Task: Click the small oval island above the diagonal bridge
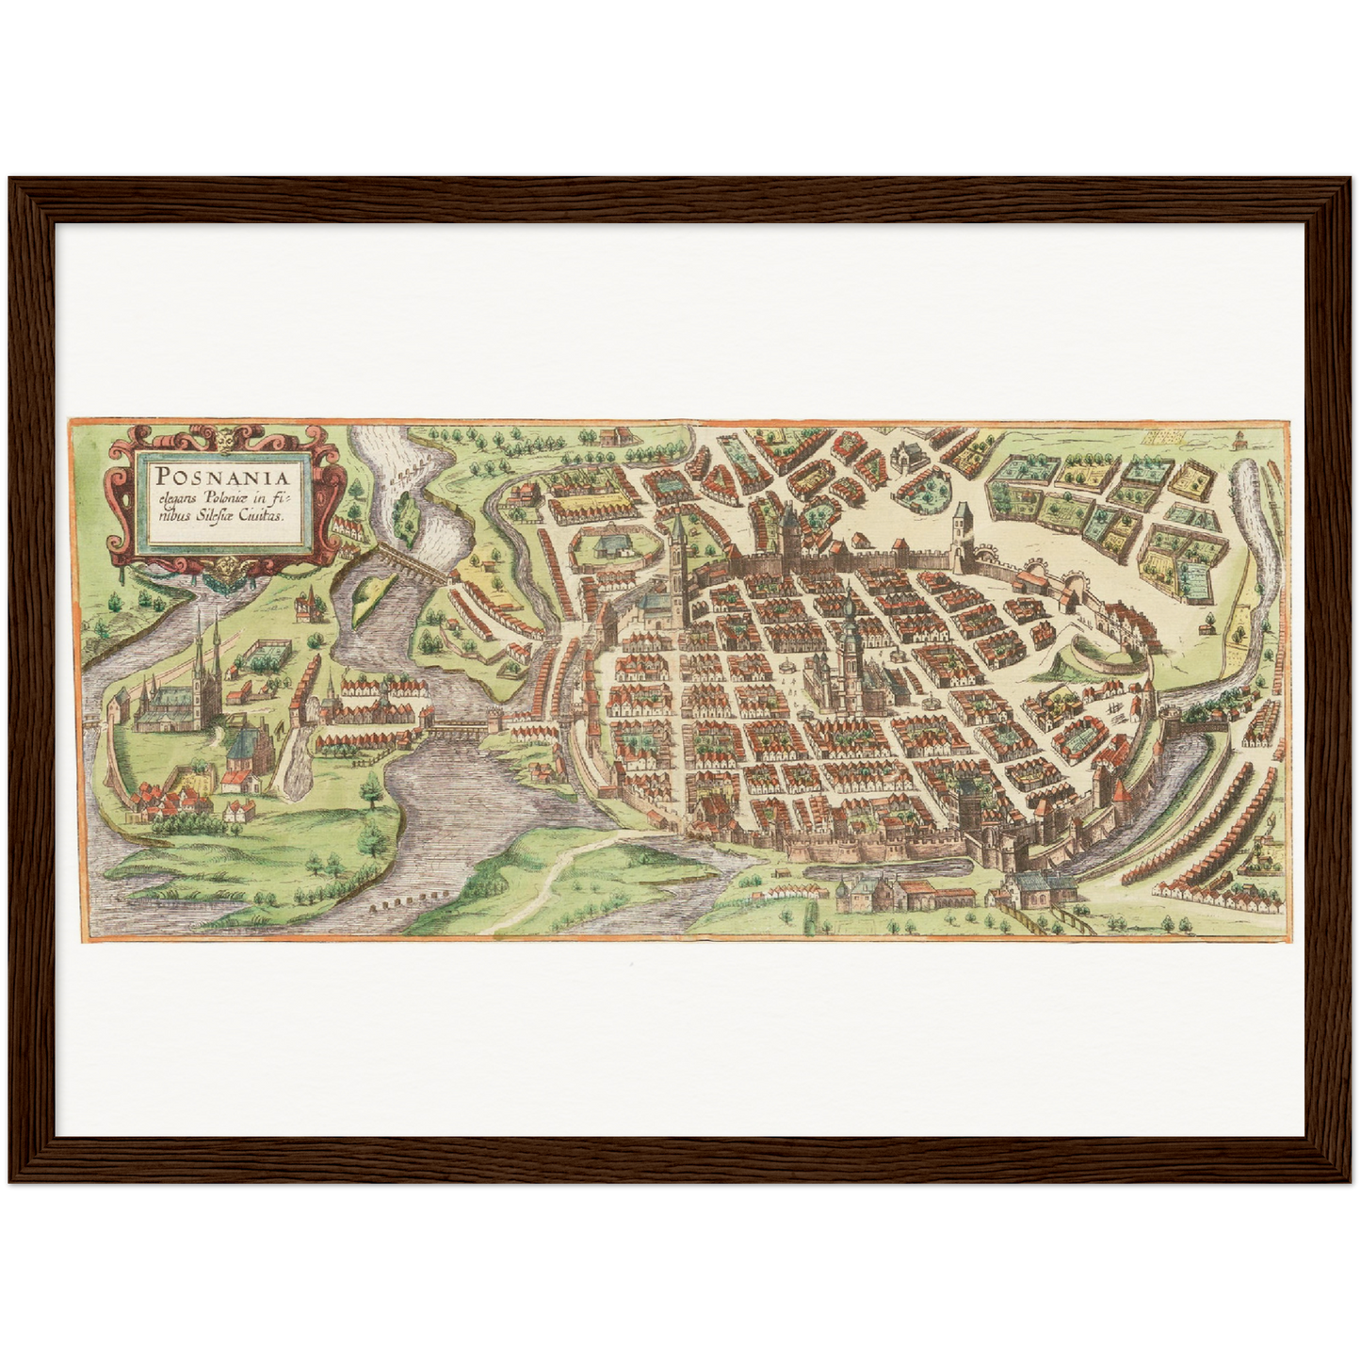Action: click(406, 510)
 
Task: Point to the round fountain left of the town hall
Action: click(786, 668)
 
